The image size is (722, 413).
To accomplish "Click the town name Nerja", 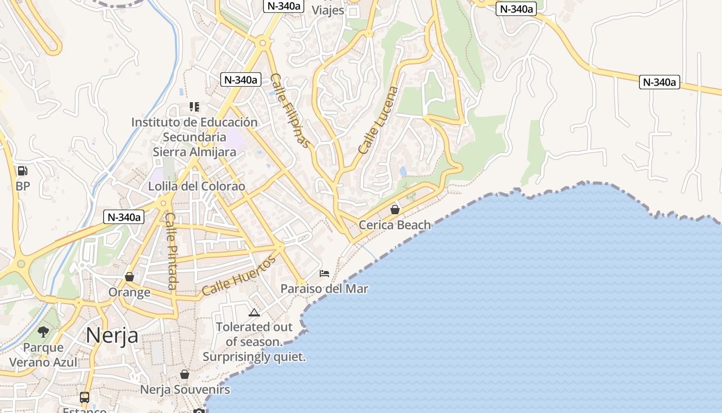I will [112, 335].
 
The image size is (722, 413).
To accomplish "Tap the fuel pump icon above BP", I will [23, 170].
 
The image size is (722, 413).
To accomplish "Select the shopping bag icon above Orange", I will [129, 277].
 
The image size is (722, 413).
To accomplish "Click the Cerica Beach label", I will [395, 225].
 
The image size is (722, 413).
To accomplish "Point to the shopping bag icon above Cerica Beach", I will [395, 210].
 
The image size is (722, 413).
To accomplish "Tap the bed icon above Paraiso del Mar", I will [324, 273].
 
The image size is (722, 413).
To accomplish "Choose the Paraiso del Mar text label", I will [324, 289].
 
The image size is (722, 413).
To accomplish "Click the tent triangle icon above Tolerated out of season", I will [254, 312].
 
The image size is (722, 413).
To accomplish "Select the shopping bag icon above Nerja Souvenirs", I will [185, 374].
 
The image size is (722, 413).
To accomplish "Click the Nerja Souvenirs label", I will [185, 389].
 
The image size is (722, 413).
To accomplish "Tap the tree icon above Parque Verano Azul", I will [43, 332].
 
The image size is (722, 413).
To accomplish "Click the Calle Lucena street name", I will [379, 120].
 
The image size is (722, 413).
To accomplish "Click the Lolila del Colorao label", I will [196, 186].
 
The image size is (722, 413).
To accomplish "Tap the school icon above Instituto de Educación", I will [194, 107].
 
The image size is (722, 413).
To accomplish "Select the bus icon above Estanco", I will [85, 398].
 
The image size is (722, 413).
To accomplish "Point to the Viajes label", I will [328, 10].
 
